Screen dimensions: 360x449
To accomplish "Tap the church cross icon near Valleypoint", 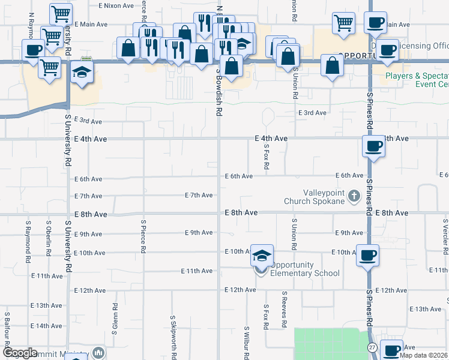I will pyautogui.click(x=354, y=196).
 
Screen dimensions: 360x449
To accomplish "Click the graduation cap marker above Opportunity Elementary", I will pyautogui.click(x=262, y=256).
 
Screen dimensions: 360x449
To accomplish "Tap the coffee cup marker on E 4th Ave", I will pyautogui.click(x=374, y=146).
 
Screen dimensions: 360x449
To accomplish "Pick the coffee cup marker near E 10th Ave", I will pyautogui.click(x=367, y=255).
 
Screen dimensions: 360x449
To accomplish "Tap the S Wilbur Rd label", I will pyautogui.click(x=246, y=342).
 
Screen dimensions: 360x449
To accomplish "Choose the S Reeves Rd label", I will pyautogui.click(x=283, y=310).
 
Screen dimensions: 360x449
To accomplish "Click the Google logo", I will pyautogui.click(x=20, y=353).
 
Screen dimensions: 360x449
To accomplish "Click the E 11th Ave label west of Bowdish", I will pyautogui.click(x=197, y=271).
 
